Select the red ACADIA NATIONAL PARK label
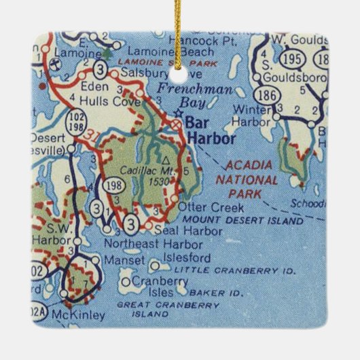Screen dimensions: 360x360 [x=247, y=173]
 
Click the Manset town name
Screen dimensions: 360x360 [x=126, y=259]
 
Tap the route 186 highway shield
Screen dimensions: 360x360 [x=268, y=96]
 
